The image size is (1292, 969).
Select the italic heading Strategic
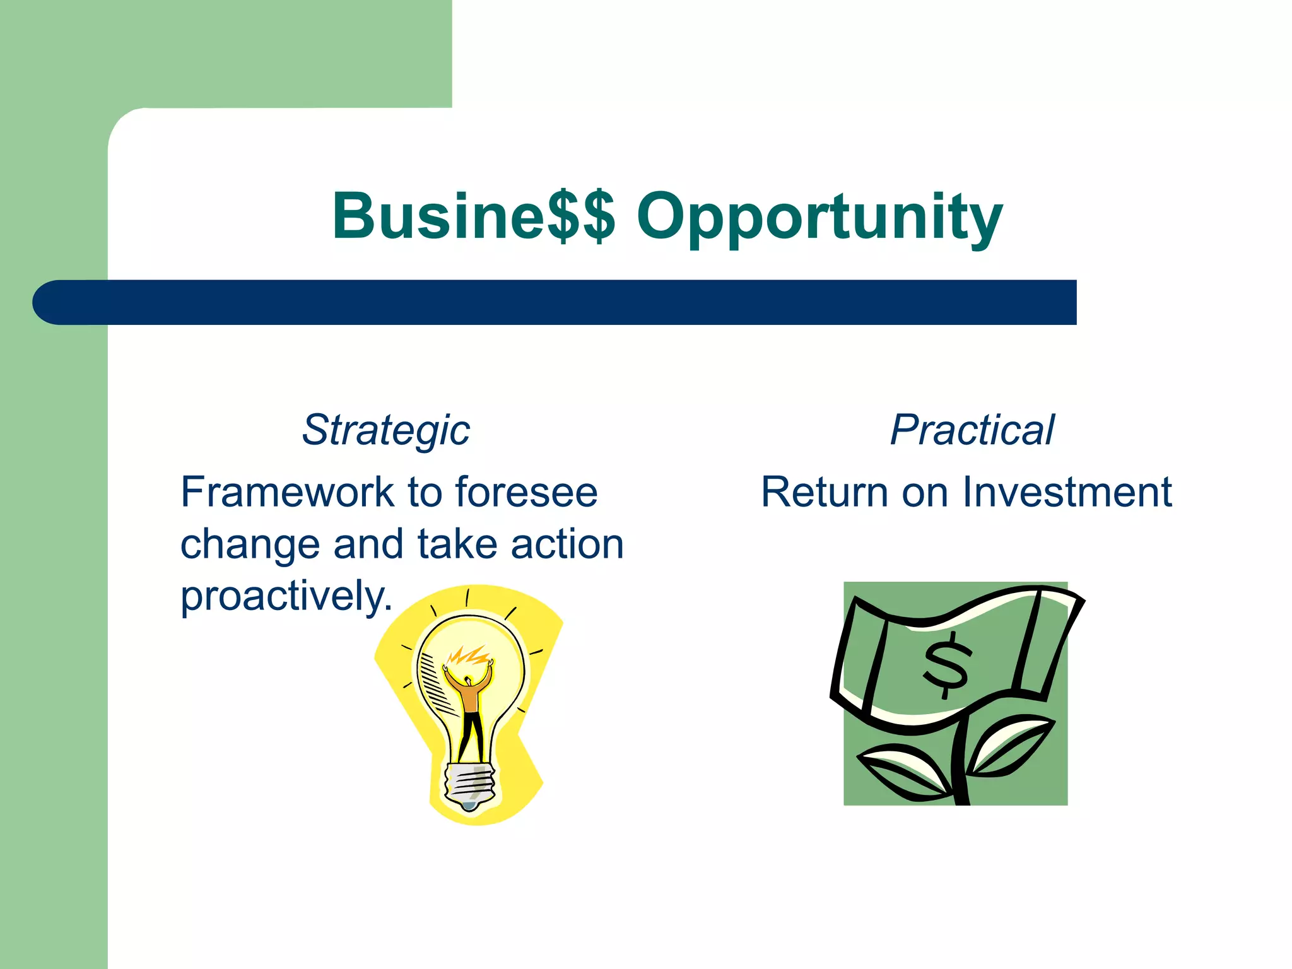click(386, 430)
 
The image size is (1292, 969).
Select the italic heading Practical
click(972, 430)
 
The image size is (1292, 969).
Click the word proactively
click(286, 596)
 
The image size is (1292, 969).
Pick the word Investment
click(1067, 492)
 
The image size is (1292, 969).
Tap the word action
click(567, 544)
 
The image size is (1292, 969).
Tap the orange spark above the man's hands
click(468, 656)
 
